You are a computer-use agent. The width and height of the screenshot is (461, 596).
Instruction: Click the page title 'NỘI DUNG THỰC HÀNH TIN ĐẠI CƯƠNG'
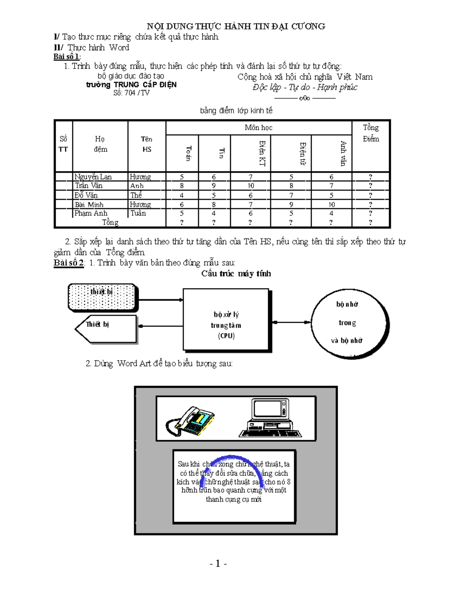point(236,26)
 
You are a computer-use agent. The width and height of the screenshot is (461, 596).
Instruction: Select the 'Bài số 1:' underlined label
point(67,57)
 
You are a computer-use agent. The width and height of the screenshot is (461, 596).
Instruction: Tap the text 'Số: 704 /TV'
point(131,93)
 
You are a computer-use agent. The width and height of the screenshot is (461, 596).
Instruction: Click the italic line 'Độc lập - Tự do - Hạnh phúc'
point(305,88)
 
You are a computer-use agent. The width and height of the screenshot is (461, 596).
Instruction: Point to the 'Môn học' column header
point(259,128)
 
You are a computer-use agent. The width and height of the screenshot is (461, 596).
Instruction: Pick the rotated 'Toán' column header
point(188,153)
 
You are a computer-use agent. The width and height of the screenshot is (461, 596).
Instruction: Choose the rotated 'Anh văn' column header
point(343,154)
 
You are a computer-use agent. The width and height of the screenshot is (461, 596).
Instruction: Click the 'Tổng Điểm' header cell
point(371,133)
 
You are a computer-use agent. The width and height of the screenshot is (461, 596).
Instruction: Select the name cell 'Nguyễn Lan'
point(93,177)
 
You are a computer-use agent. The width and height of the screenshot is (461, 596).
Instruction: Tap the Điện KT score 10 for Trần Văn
point(250,186)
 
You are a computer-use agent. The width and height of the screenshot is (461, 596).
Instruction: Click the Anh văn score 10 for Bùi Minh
point(331,205)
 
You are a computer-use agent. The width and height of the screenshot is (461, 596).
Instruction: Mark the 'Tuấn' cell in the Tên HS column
point(138,213)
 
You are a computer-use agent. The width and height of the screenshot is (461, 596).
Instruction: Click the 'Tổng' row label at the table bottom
point(110,223)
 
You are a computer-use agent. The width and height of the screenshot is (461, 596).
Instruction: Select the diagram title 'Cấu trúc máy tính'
point(236,274)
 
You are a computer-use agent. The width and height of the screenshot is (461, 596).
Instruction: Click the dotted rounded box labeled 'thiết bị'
point(102,297)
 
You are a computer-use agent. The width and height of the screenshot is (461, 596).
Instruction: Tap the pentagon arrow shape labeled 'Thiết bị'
point(106,329)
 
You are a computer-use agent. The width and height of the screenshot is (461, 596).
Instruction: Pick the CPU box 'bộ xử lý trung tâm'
point(226,320)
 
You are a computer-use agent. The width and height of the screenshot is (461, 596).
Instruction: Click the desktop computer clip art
point(270,418)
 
